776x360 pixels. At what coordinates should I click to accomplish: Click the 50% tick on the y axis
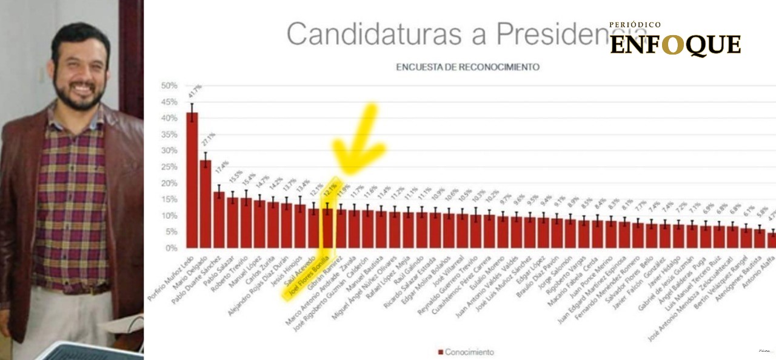tap(169, 85)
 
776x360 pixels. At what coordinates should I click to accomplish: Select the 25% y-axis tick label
tap(169, 167)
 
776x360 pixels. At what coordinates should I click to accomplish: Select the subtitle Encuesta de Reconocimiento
tap(467, 67)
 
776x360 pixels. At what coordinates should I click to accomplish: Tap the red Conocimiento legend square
tap(440, 352)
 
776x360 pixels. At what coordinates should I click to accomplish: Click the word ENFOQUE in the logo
tap(675, 45)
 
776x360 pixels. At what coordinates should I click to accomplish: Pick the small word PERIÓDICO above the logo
tap(635, 25)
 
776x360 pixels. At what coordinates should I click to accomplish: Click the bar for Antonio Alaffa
tap(772, 240)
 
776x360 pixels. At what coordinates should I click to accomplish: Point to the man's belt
tap(79, 290)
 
